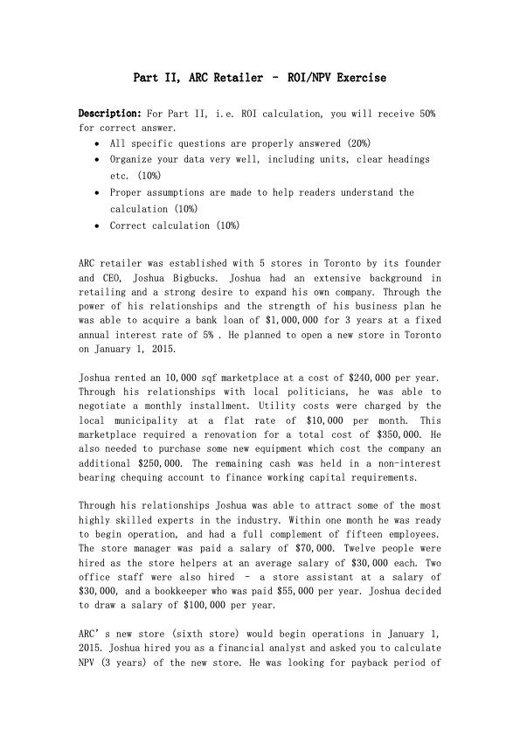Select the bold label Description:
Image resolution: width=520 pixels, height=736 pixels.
pos(110,114)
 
